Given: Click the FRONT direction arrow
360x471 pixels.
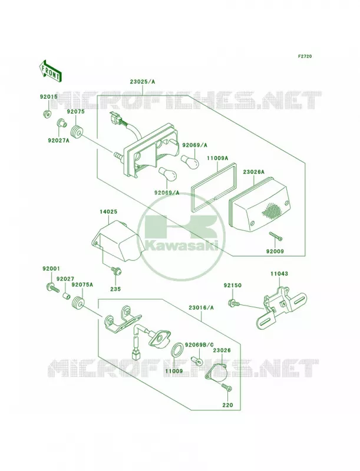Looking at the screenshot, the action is [x=50, y=70].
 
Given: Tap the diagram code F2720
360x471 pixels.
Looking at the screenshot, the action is [x=305, y=56].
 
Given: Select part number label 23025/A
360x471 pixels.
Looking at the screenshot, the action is [x=143, y=81].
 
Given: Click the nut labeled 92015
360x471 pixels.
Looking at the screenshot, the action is [x=47, y=114].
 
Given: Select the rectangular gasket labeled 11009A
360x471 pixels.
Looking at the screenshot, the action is [x=214, y=183].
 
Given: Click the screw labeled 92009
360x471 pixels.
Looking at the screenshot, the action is [x=276, y=236].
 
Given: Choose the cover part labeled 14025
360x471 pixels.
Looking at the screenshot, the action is [x=117, y=241].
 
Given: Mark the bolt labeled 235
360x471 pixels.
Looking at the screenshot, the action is [x=117, y=271].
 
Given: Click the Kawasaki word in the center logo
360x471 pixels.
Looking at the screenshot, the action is [x=182, y=246].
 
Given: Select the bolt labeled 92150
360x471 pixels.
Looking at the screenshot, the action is [x=234, y=303].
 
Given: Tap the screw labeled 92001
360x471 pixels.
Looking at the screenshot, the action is [x=52, y=288].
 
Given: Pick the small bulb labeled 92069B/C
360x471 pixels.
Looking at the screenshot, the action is [x=197, y=360].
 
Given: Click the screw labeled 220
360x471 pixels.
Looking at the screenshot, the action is [x=227, y=387].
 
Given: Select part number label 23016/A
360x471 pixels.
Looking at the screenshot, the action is [x=201, y=307].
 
